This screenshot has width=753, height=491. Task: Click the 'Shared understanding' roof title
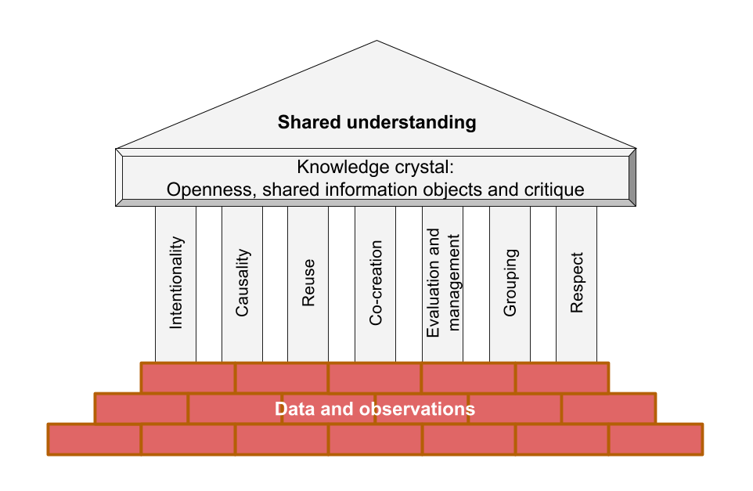tap(376, 122)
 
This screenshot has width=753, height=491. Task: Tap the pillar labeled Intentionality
tap(175, 283)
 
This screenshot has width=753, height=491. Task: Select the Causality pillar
tap(242, 283)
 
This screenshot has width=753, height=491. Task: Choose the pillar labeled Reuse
tap(308, 283)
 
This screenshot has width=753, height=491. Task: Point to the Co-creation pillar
tap(375, 283)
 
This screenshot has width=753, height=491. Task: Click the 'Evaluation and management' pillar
tap(442, 283)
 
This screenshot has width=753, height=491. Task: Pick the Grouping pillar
tap(510, 283)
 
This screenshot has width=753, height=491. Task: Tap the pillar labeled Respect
tap(576, 283)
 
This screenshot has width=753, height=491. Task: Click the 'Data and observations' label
tap(375, 409)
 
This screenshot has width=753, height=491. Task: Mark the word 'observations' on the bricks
tap(426, 409)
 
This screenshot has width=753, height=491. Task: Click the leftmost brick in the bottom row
tap(94, 439)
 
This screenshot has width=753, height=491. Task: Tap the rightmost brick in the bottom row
tap(655, 439)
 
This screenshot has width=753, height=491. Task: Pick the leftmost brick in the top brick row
tap(188, 377)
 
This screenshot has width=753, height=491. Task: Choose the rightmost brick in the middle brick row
tap(608, 408)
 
